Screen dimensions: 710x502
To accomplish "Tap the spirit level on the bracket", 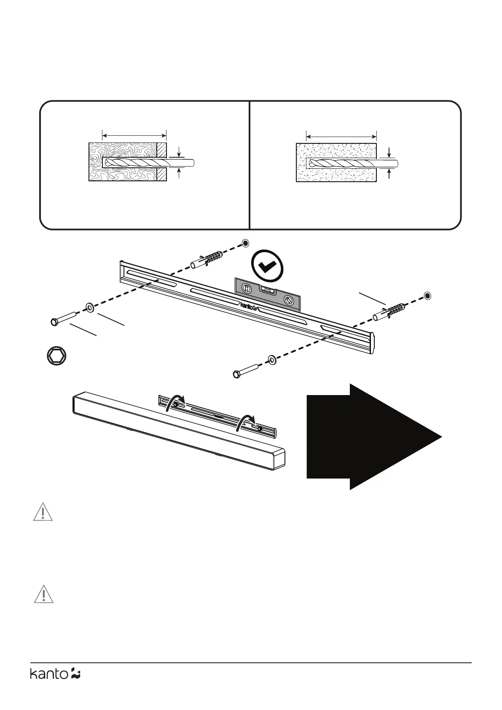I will [267, 294].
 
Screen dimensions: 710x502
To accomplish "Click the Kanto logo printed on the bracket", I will [248, 307].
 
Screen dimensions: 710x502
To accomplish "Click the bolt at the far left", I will [63, 318].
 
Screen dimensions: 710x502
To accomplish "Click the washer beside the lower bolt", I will [272, 360].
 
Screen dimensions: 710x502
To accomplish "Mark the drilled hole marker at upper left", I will [245, 243].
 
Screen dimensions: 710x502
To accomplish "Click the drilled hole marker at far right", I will [427, 296].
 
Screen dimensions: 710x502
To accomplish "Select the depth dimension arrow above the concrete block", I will [341, 136].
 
